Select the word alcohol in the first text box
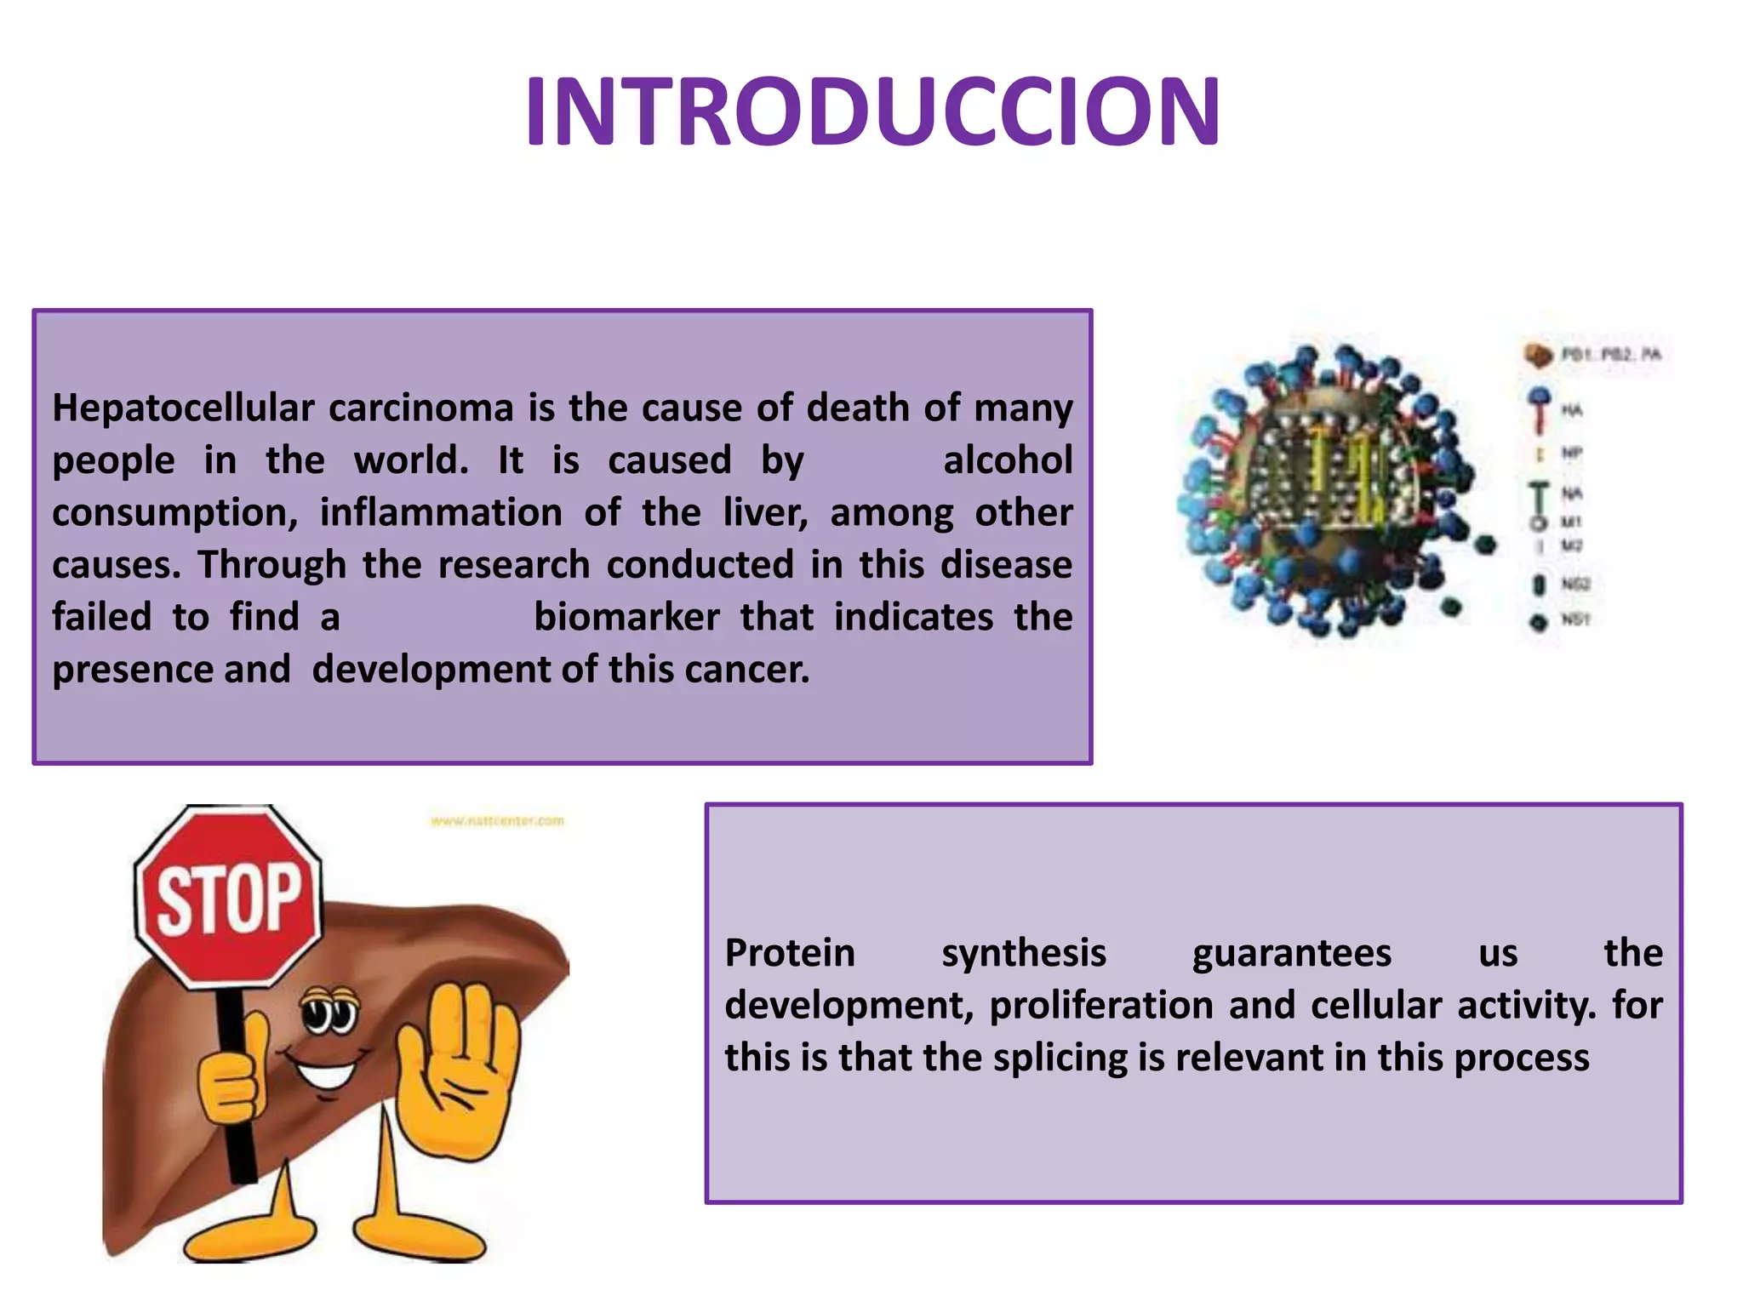point(1008,460)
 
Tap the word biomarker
point(626,617)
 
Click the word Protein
point(789,953)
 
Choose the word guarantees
point(1291,953)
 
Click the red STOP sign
point(228,898)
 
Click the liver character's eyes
point(329,1013)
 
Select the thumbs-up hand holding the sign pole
point(231,1076)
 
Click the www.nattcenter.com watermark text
point(497,821)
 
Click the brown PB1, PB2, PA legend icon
point(1538,355)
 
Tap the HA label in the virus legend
point(1571,411)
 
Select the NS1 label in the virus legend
point(1574,619)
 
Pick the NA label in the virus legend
point(1571,494)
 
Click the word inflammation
point(441,513)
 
